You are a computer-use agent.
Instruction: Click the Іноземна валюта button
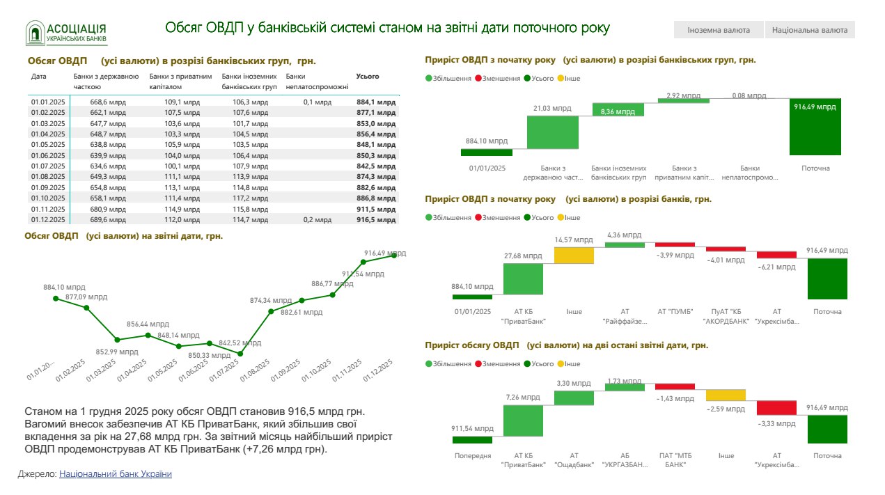(x=718, y=30)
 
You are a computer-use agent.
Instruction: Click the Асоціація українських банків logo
(x=67, y=33)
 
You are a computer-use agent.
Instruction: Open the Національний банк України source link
(x=115, y=474)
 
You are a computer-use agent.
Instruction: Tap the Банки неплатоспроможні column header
(x=306, y=81)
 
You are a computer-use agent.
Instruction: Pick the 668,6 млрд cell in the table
(x=108, y=102)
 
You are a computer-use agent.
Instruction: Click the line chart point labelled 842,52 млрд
(x=240, y=354)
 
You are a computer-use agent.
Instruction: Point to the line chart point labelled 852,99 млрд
(x=117, y=340)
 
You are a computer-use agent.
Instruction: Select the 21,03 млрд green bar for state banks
(x=553, y=132)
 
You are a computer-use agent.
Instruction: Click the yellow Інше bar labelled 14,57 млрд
(x=574, y=256)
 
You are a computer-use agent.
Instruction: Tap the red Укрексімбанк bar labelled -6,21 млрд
(x=776, y=255)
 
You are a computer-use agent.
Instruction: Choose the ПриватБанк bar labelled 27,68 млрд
(x=523, y=278)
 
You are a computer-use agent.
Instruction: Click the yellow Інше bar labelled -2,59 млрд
(x=726, y=395)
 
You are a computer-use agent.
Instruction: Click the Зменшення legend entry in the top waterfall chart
(x=497, y=79)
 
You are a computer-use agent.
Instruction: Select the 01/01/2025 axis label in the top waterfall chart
(x=487, y=168)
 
